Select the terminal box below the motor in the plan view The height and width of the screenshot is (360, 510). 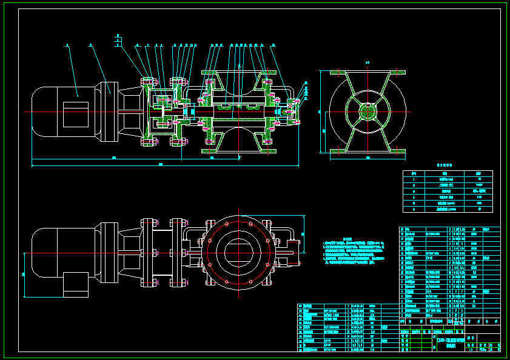coord(76,284)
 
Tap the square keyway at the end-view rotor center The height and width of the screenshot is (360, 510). coord(367,112)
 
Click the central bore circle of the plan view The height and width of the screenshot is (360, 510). coord(238,248)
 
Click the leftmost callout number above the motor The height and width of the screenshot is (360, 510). coord(67,45)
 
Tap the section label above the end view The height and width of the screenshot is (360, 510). coord(367,62)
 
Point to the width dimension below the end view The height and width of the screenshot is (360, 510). coord(367,158)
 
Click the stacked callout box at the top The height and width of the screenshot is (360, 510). coord(118,41)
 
